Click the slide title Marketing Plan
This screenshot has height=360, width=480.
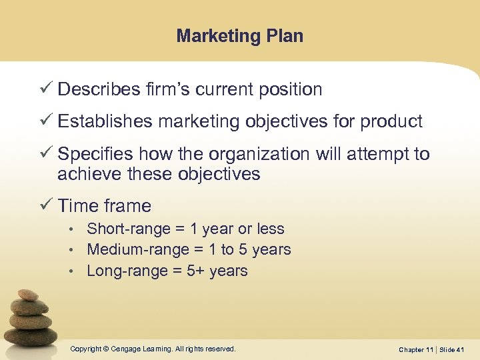tap(240, 36)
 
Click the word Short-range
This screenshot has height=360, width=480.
tap(128, 229)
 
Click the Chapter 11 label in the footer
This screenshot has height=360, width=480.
tap(416, 350)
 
